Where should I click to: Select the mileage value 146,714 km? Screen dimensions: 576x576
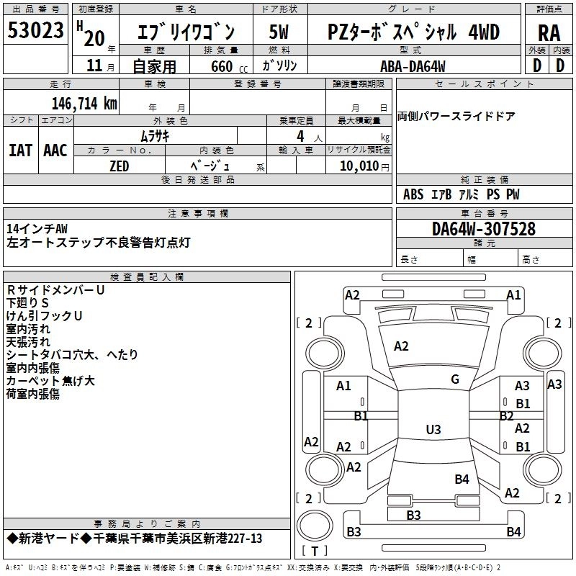(x=84, y=103)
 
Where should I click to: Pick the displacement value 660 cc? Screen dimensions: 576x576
(x=221, y=67)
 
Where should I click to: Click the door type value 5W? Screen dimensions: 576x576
(x=279, y=32)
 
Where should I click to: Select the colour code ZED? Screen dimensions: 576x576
(x=119, y=166)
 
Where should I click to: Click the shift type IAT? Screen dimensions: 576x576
(x=20, y=150)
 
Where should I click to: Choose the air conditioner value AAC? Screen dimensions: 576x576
(x=55, y=150)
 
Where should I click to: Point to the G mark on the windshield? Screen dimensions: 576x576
(x=455, y=379)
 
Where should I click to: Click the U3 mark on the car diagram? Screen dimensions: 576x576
(x=433, y=430)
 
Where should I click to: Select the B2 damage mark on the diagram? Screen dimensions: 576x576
(x=506, y=415)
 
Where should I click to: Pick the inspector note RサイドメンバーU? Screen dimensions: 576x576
(x=55, y=289)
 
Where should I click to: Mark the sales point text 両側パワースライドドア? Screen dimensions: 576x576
(x=456, y=117)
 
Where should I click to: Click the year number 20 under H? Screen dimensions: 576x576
(x=93, y=39)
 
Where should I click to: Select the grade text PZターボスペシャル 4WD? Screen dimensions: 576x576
(x=413, y=32)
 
